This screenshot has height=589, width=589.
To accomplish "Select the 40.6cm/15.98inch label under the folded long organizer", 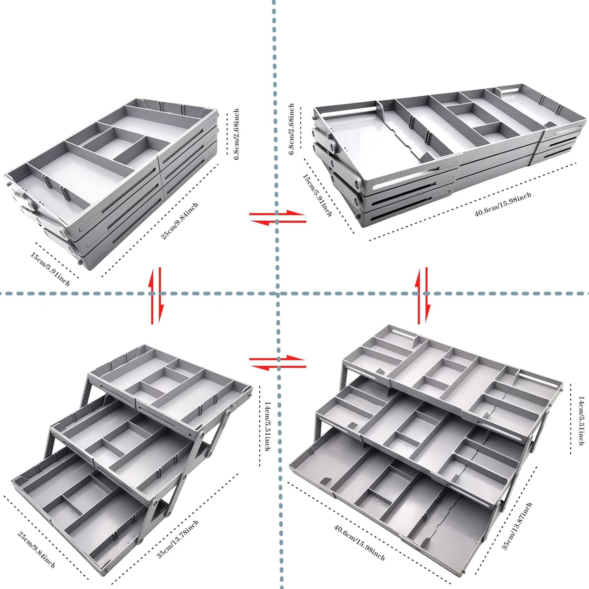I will pos(503,205).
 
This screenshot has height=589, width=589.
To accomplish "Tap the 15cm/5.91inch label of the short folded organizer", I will pos(50,269).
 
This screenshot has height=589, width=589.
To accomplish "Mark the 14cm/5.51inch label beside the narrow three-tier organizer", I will pos(267,426).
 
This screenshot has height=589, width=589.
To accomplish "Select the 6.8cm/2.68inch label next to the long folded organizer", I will pos(291,129).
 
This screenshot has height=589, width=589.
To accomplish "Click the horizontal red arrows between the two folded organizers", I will pos(278,217).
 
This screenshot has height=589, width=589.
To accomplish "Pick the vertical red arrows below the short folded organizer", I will pos(156,296).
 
